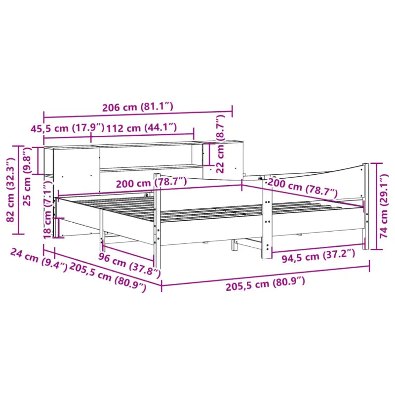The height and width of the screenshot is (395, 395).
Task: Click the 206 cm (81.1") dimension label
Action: (x=138, y=106)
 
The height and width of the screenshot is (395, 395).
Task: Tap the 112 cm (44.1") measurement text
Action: (x=141, y=128)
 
